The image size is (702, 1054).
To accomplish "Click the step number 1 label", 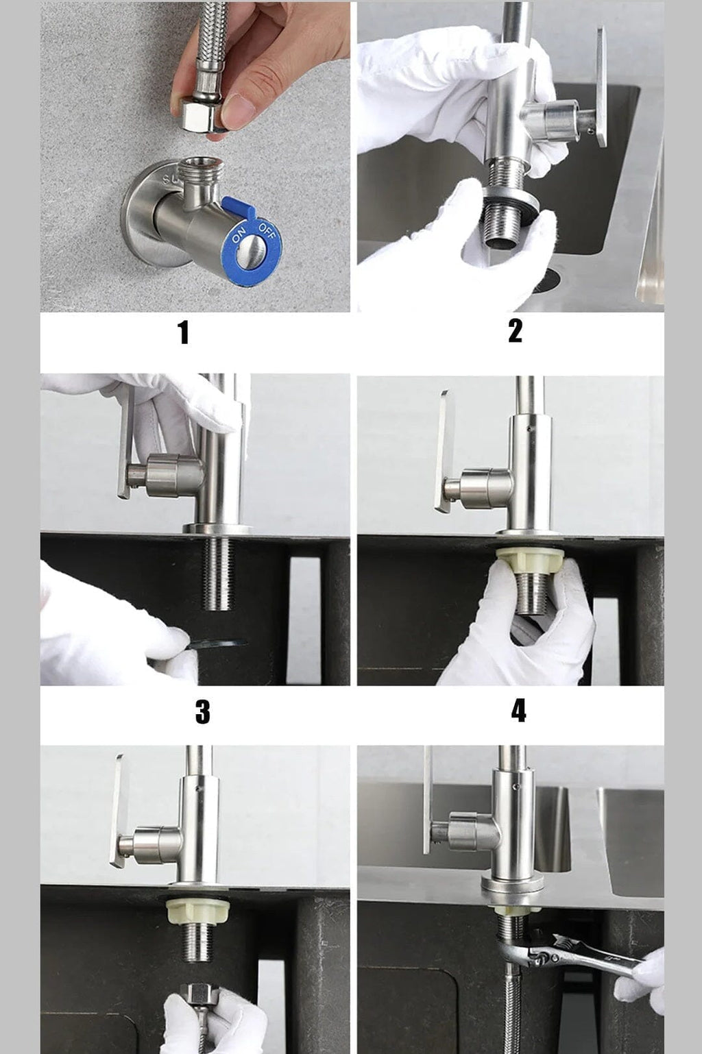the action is pyautogui.click(x=183, y=332).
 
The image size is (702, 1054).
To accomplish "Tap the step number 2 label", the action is pyautogui.click(x=515, y=330).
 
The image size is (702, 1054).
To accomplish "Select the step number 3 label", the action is pyautogui.click(x=202, y=711).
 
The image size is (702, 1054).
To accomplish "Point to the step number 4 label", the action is pyautogui.click(x=518, y=711).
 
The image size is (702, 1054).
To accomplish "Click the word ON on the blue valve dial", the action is pyautogui.click(x=239, y=234).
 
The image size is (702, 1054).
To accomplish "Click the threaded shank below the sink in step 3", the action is pyautogui.click(x=217, y=573).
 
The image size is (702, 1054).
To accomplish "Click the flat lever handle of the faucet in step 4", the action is pyautogui.click(x=444, y=451).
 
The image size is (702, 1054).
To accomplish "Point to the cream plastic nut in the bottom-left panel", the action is pyautogui.click(x=197, y=911).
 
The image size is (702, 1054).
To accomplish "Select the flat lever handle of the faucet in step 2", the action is pyautogui.click(x=601, y=86).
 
